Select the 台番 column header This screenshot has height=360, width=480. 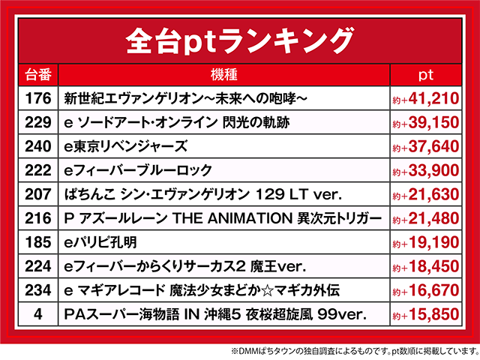click(37, 76)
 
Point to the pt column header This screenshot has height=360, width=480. click(425, 76)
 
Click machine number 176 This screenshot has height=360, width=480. click(37, 98)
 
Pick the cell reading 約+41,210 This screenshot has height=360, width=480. click(424, 98)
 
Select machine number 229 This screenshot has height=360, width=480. click(37, 122)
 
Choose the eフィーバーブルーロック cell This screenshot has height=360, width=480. click(139, 170)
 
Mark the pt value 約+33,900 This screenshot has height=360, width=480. click(424, 170)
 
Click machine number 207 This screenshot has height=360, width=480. click(37, 194)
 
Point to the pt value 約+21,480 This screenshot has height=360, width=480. click(424, 218)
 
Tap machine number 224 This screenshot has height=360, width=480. click(37, 266)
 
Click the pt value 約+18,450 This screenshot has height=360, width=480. click(424, 266)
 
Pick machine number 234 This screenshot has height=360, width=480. click(37, 290)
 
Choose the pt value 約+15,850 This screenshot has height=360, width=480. click(424, 314)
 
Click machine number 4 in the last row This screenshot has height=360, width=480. click(37, 314)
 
